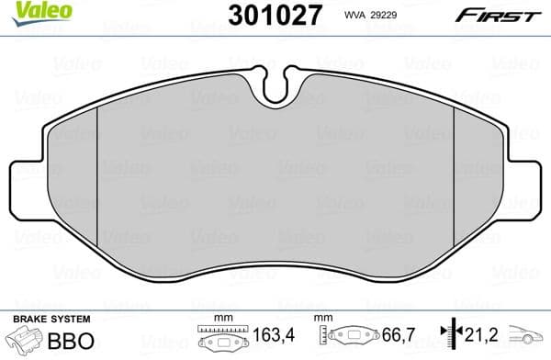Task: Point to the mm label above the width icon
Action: (219, 318)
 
